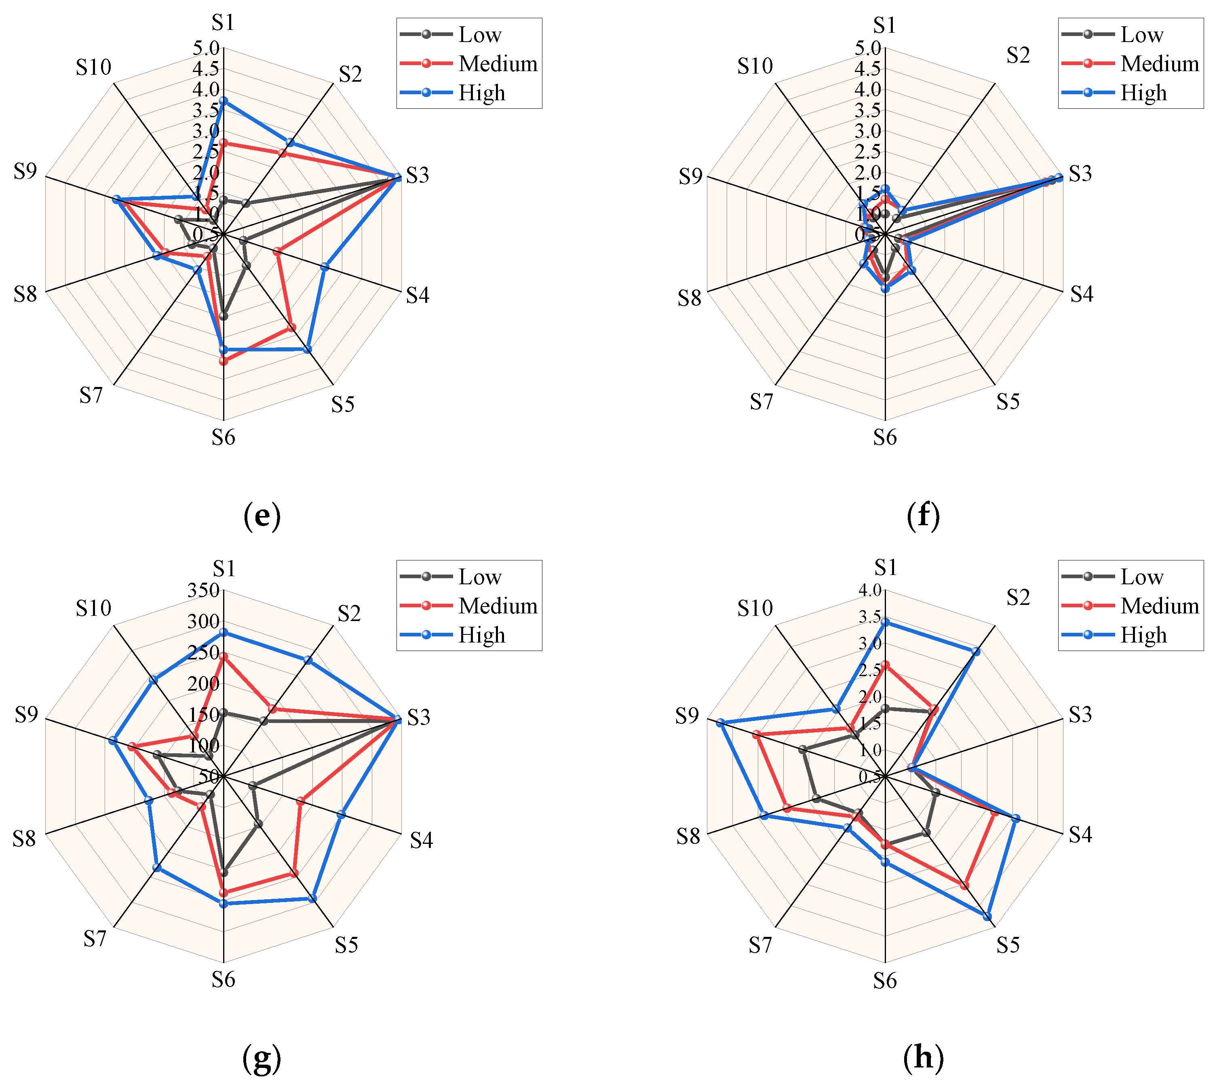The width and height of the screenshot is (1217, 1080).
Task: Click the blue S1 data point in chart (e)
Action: coord(223,101)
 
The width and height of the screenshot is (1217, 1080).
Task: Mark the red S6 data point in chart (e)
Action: coord(223,361)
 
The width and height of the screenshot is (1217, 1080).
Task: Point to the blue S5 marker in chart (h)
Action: coord(987,916)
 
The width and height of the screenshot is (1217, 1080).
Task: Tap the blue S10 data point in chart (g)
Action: coord(154,680)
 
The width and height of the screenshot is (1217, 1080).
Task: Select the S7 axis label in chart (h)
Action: coord(760,945)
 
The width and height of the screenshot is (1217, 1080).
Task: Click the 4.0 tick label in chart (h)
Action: coord(869,590)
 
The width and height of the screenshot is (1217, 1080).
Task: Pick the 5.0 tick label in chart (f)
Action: coord(867,48)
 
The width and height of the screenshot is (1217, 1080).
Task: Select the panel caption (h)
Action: coord(923,1057)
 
